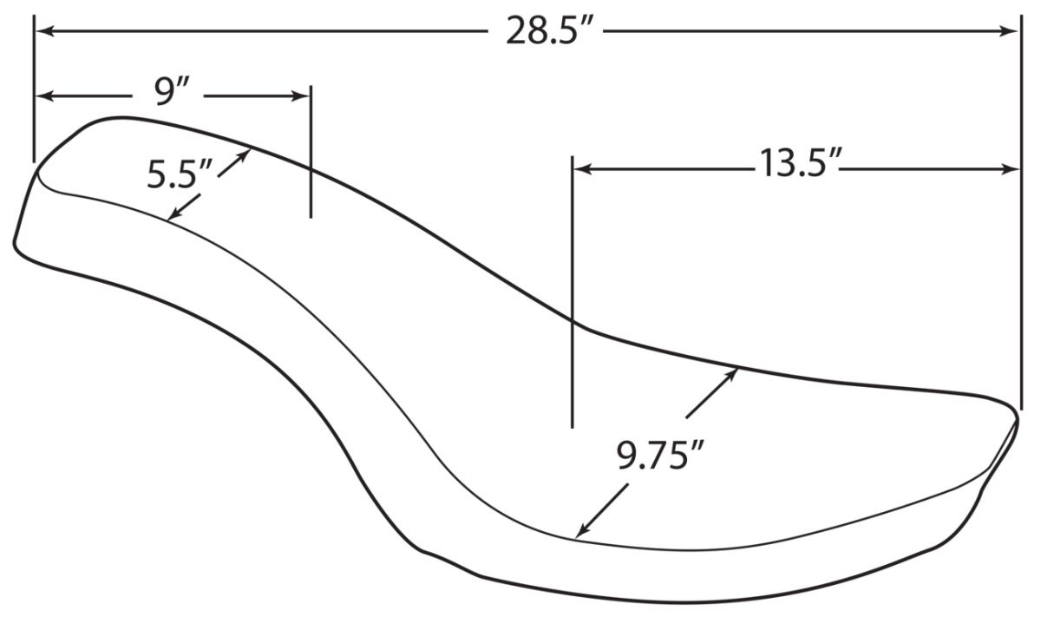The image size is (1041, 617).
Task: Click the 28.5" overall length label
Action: click(x=550, y=31)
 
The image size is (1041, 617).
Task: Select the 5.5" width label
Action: click(x=180, y=174)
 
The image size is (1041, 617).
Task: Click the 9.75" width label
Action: click(x=660, y=455)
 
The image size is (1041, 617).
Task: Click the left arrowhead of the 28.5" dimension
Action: click(x=45, y=31)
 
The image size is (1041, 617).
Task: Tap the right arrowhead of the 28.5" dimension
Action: click(x=1008, y=31)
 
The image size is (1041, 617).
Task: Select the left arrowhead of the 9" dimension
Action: click(x=45, y=96)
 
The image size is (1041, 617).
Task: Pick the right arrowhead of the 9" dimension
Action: click(x=300, y=96)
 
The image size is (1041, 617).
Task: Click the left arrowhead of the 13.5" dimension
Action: click(x=583, y=169)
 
